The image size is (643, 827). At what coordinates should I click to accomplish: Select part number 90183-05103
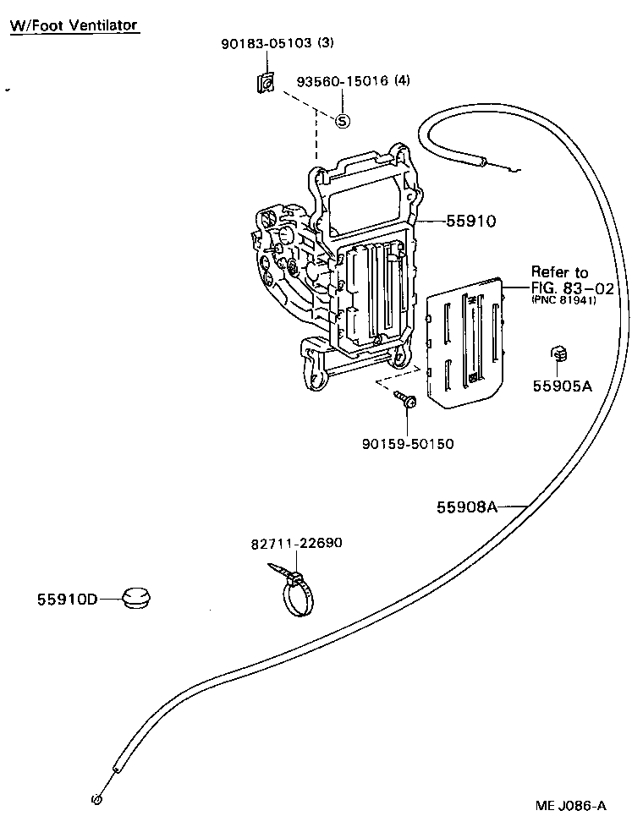tap(267, 41)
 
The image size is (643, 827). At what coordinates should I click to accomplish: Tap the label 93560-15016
tap(343, 81)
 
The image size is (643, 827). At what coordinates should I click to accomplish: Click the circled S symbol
tap(343, 120)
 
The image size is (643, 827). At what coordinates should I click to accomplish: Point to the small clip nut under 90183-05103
tap(266, 83)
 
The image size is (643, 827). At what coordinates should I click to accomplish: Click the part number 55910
tap(471, 222)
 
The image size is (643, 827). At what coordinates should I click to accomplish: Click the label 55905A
tap(562, 386)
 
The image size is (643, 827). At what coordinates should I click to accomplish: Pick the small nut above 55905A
tap(558, 352)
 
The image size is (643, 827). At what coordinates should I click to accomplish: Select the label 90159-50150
tap(406, 443)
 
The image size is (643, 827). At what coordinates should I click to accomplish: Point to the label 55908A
tap(466, 507)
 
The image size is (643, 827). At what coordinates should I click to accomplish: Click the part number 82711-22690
tap(296, 543)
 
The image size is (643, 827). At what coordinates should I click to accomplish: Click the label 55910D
tap(68, 600)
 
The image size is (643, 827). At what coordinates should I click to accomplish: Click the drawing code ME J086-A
tap(570, 805)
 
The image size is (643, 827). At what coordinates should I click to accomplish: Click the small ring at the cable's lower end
tap(96, 799)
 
